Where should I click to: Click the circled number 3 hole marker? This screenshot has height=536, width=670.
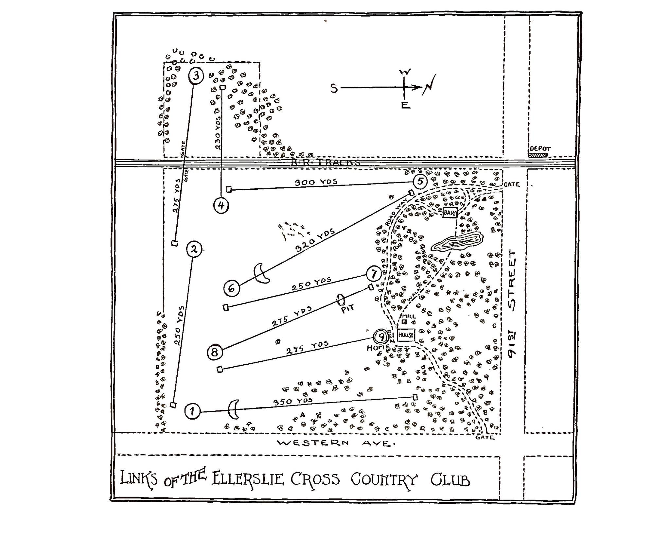point(196,76)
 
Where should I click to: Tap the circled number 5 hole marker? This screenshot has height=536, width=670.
point(420,182)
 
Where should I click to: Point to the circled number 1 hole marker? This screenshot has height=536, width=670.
point(192,411)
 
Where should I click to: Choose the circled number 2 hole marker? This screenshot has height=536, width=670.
point(194,250)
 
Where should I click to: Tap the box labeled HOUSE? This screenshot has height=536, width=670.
point(406,335)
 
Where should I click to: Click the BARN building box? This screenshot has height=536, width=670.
point(450,213)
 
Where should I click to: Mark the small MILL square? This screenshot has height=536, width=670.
point(405,322)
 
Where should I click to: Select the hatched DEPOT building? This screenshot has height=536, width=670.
point(538,155)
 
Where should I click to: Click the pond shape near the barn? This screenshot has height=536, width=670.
point(457,242)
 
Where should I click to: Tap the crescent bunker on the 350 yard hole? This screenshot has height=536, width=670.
point(234,409)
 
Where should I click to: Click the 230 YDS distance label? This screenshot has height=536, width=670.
point(218,133)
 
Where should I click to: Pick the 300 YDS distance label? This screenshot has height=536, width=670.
point(316,182)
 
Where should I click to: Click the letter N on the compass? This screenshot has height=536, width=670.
point(430,85)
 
